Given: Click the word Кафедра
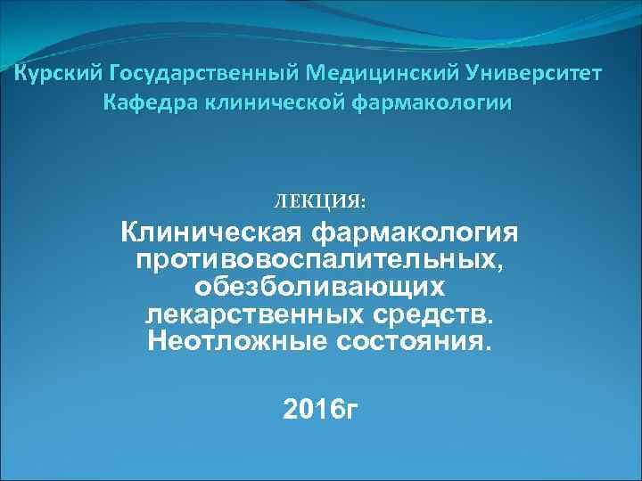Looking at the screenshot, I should point(152,102).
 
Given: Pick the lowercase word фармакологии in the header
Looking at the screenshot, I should point(434,102).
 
